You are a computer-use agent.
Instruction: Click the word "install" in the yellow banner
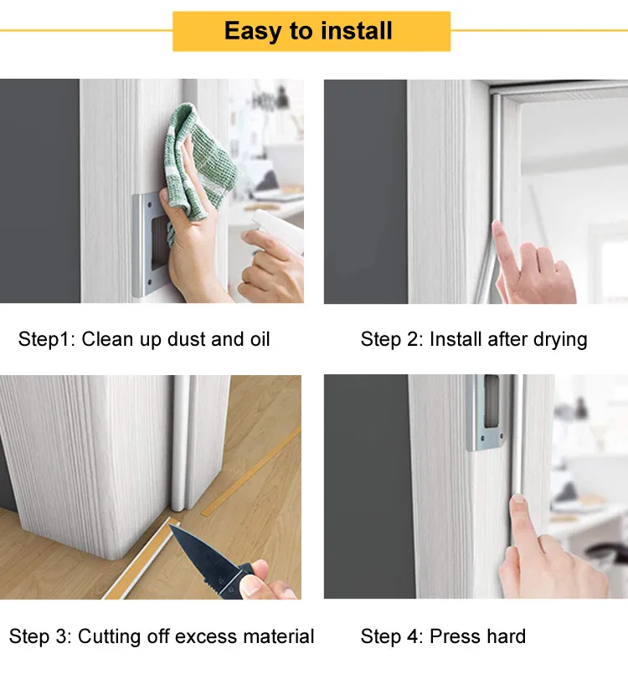point(354,32)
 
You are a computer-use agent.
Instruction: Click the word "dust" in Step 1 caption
point(187,339)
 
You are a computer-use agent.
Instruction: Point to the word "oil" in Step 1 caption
point(258,339)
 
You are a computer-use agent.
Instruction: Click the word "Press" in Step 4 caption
point(453,636)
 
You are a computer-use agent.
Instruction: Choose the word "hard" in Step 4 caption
point(505,636)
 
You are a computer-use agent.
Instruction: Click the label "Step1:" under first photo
point(47,339)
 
